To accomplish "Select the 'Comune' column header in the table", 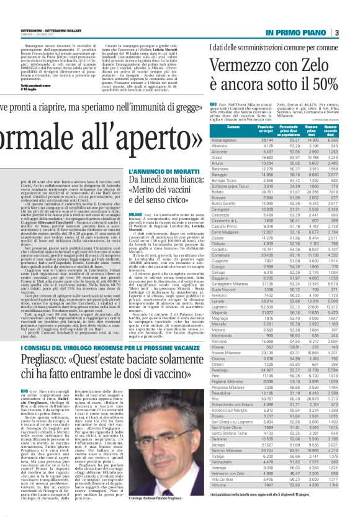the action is (233, 127).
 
